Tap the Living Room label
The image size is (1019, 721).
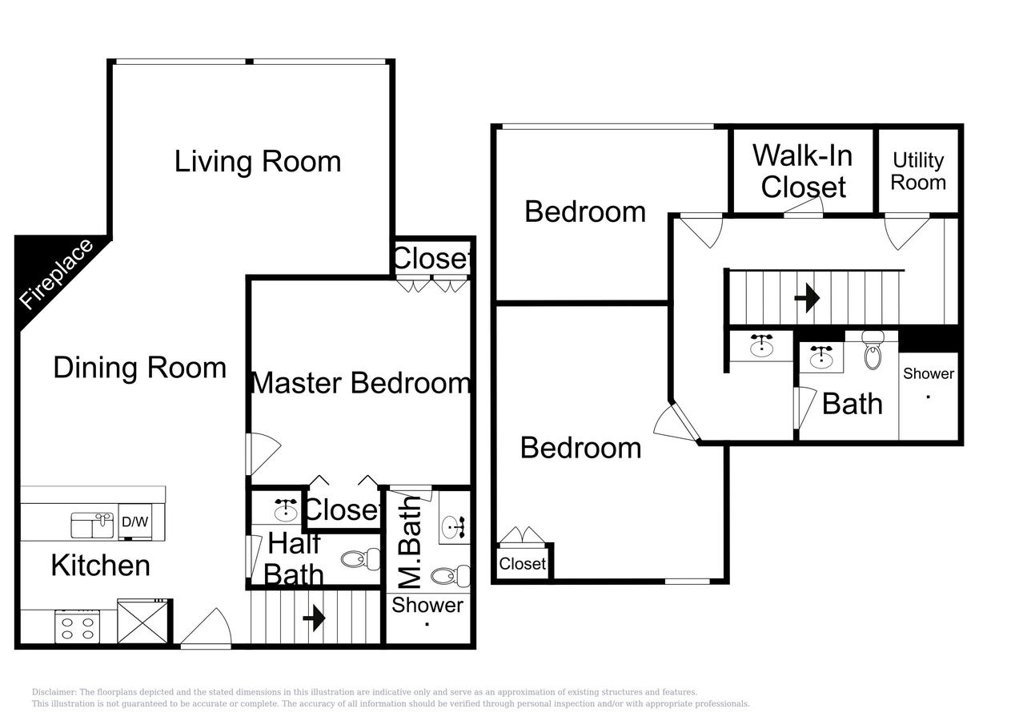pos(258,161)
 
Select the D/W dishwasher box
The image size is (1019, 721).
pos(134,522)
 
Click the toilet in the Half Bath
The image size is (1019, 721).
pos(362,558)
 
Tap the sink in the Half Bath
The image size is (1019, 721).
pos(286,508)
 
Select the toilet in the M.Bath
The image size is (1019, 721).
pos(451,574)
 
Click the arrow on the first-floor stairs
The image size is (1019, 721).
pos(314,618)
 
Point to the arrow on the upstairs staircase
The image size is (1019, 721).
pos(807,298)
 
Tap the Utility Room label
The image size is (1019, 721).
pos(918,171)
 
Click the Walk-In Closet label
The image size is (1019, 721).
pos(803,170)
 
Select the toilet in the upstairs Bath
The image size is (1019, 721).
pos(872,350)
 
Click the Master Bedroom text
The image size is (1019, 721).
pos(360,383)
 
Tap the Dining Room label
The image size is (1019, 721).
pos(140,368)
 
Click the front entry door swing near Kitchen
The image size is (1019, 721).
pos(207,629)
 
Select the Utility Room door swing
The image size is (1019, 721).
pos(907,229)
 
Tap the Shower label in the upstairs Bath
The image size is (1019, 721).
pos(929,373)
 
